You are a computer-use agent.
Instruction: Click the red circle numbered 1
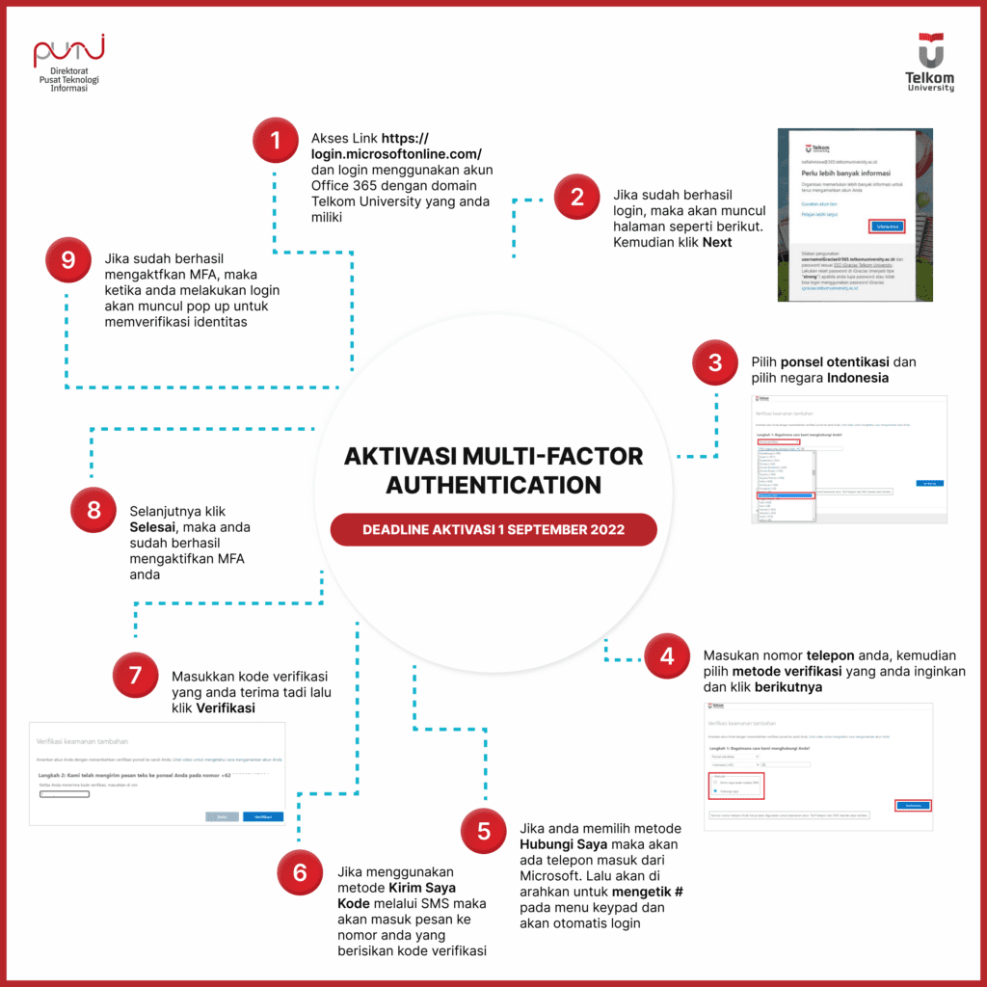[x=276, y=142]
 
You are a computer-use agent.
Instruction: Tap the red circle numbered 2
[x=577, y=198]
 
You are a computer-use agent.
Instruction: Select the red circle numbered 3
[x=715, y=362]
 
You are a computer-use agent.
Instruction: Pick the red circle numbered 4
[x=667, y=656]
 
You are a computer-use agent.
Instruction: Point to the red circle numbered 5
[x=484, y=831]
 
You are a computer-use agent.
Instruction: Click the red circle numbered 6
[x=301, y=872]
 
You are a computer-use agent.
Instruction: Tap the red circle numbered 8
[x=93, y=510]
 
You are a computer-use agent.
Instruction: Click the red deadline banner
[x=493, y=529]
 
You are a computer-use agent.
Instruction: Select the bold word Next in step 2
[x=717, y=242]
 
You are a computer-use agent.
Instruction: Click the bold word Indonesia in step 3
[x=858, y=378]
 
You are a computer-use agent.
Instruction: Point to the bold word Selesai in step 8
[x=156, y=527]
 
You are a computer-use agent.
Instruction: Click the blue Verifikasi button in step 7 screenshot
[x=263, y=815]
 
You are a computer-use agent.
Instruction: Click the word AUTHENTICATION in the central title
[x=493, y=484]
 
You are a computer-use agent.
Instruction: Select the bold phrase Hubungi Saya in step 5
[x=562, y=844]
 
